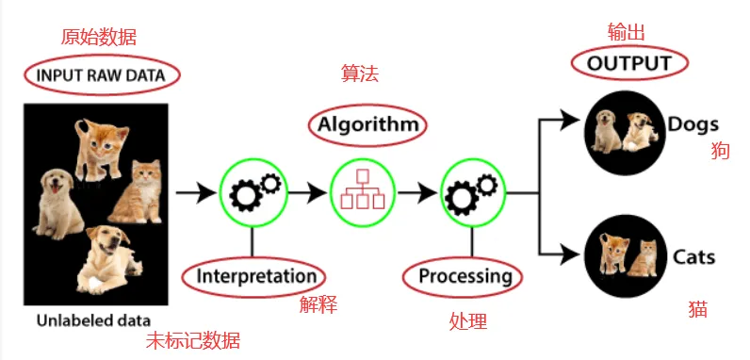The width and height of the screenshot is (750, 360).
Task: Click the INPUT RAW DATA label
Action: [x=101, y=75]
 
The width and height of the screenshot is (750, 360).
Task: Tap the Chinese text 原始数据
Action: [x=99, y=37]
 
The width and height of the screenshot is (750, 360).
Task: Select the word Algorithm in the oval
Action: [x=367, y=125]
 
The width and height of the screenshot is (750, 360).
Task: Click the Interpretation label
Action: [x=256, y=277]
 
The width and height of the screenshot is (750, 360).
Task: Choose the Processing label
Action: [x=465, y=277]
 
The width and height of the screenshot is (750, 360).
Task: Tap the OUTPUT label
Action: [x=629, y=63]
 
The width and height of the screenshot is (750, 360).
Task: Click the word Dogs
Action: [x=693, y=124]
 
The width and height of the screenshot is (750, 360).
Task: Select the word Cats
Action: [x=693, y=257]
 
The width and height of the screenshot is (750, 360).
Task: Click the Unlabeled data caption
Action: [x=94, y=320]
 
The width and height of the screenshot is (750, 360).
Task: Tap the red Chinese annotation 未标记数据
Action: [x=193, y=340]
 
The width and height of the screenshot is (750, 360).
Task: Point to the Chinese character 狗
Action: [x=721, y=151]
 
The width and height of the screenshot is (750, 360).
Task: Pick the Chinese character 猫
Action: [x=698, y=309]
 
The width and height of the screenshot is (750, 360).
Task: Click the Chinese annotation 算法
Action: [x=360, y=74]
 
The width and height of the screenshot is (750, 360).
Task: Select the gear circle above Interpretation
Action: [x=253, y=192]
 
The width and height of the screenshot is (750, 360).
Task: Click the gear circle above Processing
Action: [x=473, y=192]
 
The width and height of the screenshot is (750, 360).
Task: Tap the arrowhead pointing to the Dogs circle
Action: [x=569, y=119]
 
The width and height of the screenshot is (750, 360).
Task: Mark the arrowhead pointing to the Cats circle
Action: [x=569, y=254]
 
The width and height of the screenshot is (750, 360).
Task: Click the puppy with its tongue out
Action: [x=57, y=204]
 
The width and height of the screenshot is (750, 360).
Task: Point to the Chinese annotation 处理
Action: [x=468, y=320]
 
